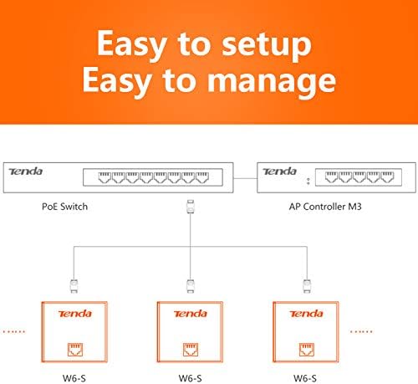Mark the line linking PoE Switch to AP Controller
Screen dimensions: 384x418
click(x=241, y=177)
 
